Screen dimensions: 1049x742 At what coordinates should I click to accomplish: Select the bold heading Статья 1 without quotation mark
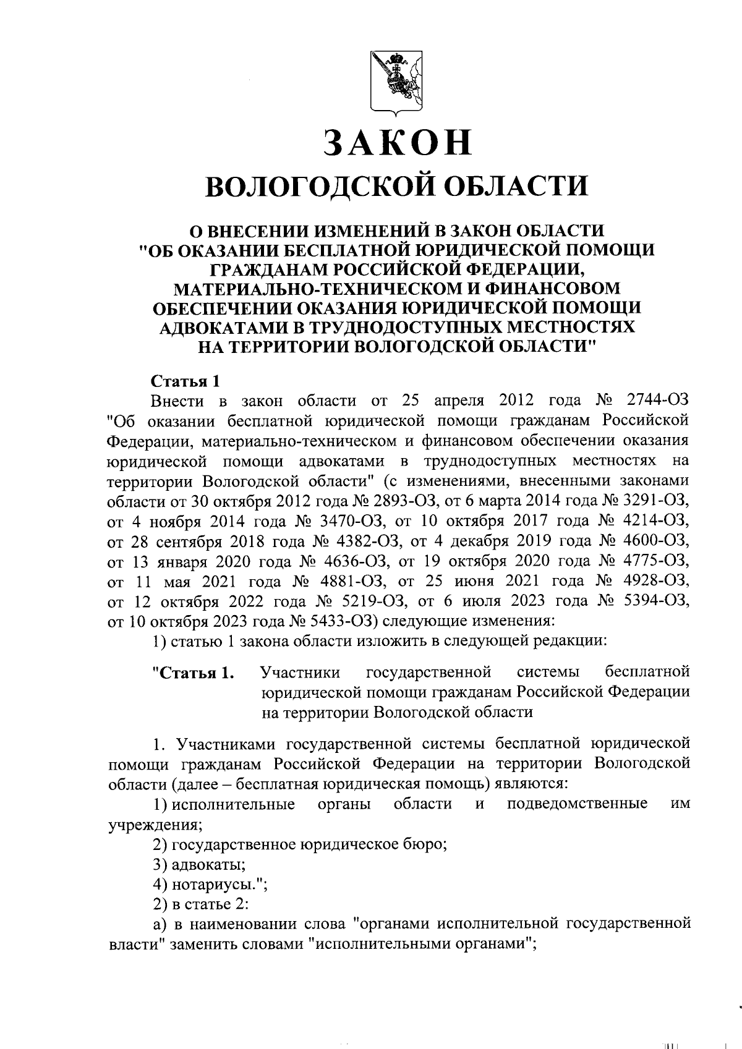point(185,381)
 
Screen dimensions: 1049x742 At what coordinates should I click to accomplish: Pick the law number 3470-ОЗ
point(352,520)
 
